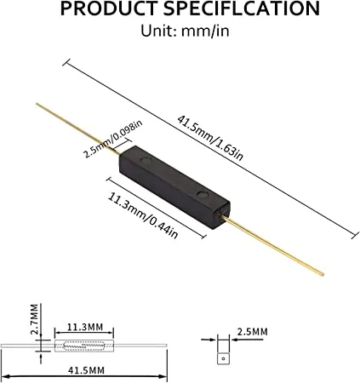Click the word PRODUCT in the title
(x=109, y=9)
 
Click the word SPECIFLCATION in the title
(x=242, y=9)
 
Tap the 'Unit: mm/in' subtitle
(x=185, y=31)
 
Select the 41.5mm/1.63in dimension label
(x=210, y=138)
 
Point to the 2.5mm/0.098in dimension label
(x=112, y=139)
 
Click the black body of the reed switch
(x=174, y=185)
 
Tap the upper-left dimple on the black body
(x=146, y=161)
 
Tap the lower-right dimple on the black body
(x=203, y=194)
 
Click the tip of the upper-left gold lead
(x=37, y=104)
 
